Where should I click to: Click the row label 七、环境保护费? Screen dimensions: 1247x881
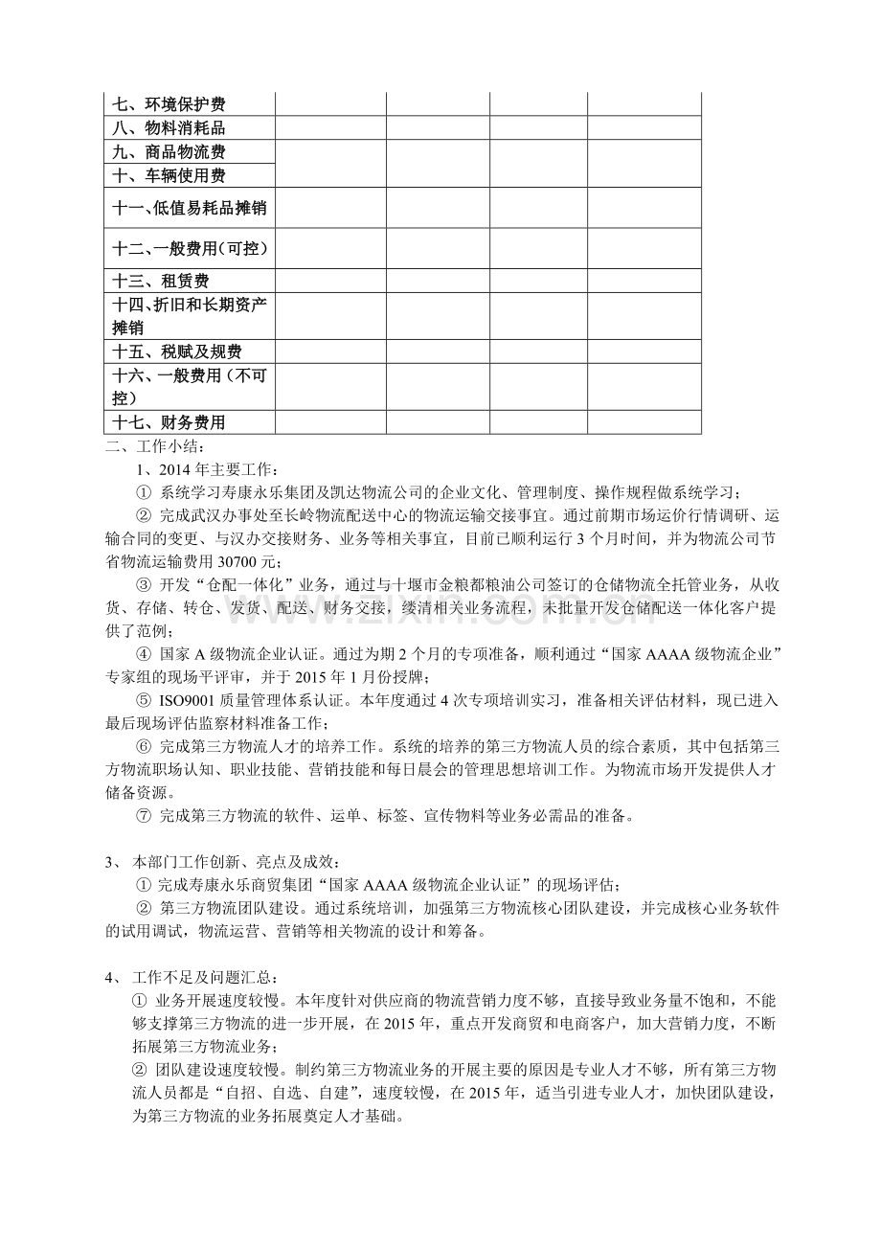169,104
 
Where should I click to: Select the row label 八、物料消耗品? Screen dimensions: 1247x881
169,128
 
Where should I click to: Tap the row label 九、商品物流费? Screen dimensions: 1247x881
169,152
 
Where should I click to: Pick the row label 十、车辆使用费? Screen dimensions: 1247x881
169,176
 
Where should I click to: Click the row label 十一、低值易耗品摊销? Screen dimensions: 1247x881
190,208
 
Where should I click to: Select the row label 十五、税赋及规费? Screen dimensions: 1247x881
177,352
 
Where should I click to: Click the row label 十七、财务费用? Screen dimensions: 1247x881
169,423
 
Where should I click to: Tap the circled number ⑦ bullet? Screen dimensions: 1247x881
145,816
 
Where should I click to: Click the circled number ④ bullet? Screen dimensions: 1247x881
145,655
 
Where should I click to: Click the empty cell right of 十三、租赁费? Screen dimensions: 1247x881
330,282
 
